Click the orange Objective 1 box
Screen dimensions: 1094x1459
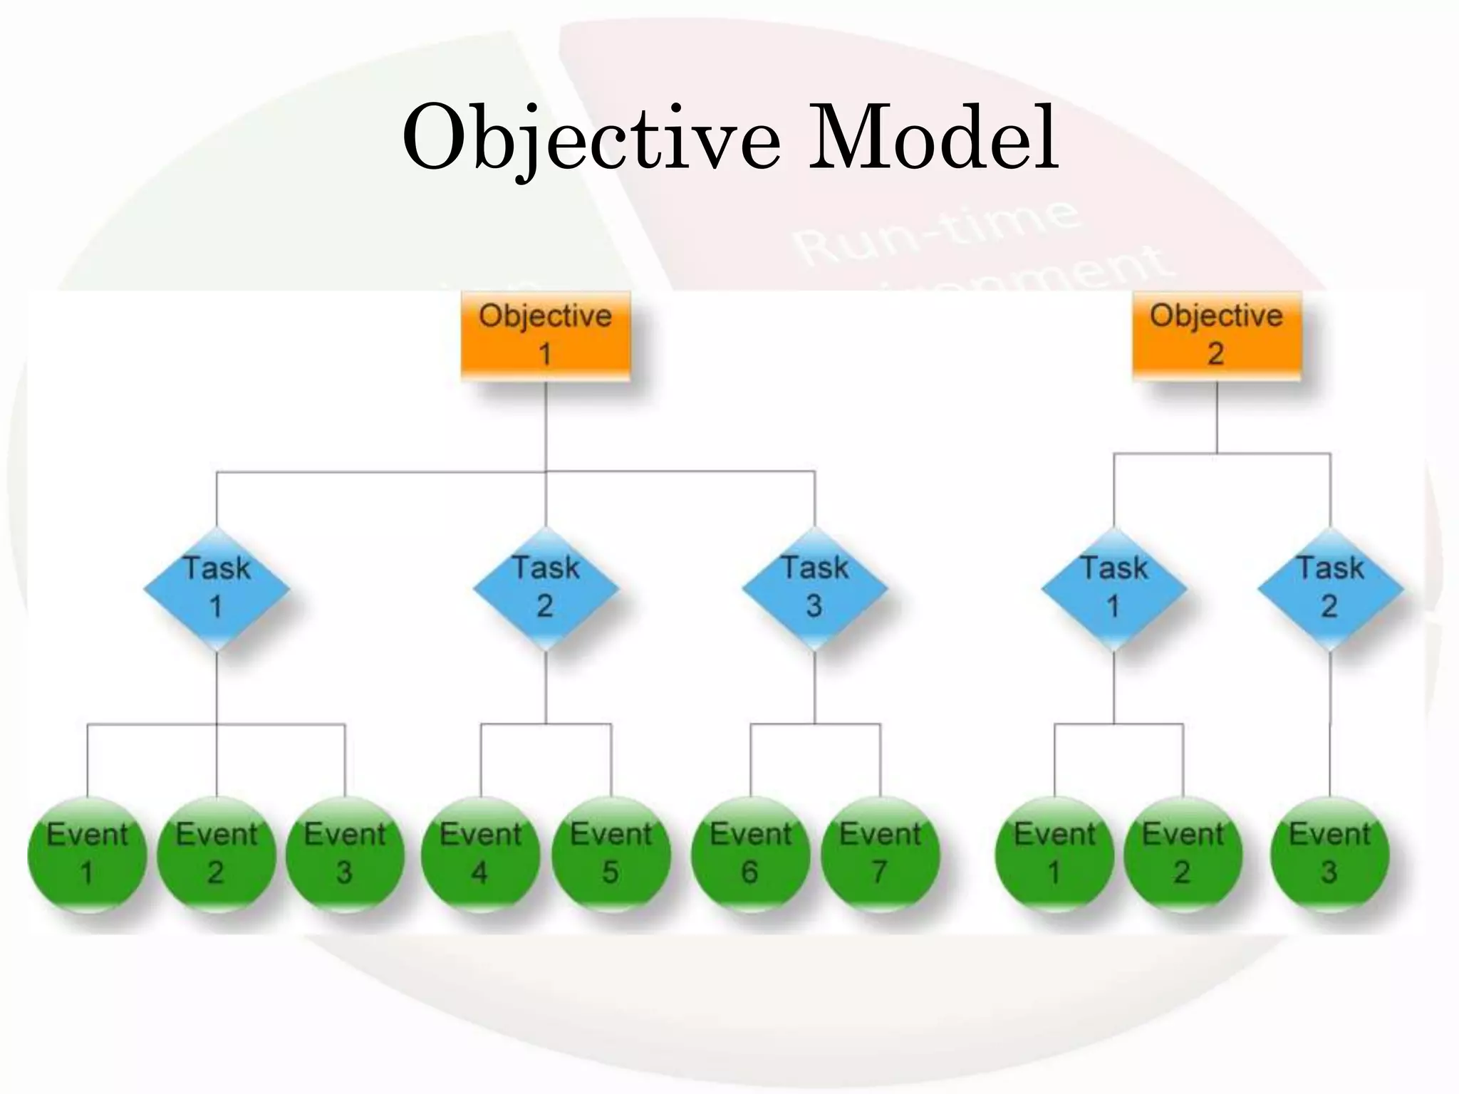(x=546, y=335)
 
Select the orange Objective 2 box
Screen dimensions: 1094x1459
(x=1217, y=335)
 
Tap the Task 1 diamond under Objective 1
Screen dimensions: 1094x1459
(x=217, y=588)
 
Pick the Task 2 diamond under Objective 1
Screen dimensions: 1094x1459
(x=546, y=588)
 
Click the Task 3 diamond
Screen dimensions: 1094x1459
(x=814, y=588)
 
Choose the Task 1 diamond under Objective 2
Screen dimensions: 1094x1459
(x=1114, y=588)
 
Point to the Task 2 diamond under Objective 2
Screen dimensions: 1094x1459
(x=1330, y=588)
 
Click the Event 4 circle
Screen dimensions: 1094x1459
(x=481, y=853)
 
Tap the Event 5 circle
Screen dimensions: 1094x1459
(x=611, y=853)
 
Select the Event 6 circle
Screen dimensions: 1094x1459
(x=751, y=853)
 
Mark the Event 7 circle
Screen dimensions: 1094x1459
(x=881, y=853)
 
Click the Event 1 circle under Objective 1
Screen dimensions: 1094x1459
(x=87, y=853)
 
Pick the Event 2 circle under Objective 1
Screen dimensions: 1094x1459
(x=217, y=853)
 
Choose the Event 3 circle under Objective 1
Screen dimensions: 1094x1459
(x=345, y=853)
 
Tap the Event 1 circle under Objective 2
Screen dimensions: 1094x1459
(x=1054, y=853)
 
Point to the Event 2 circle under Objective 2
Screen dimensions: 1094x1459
(x=1183, y=853)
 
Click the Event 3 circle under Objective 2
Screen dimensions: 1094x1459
(x=1330, y=853)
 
